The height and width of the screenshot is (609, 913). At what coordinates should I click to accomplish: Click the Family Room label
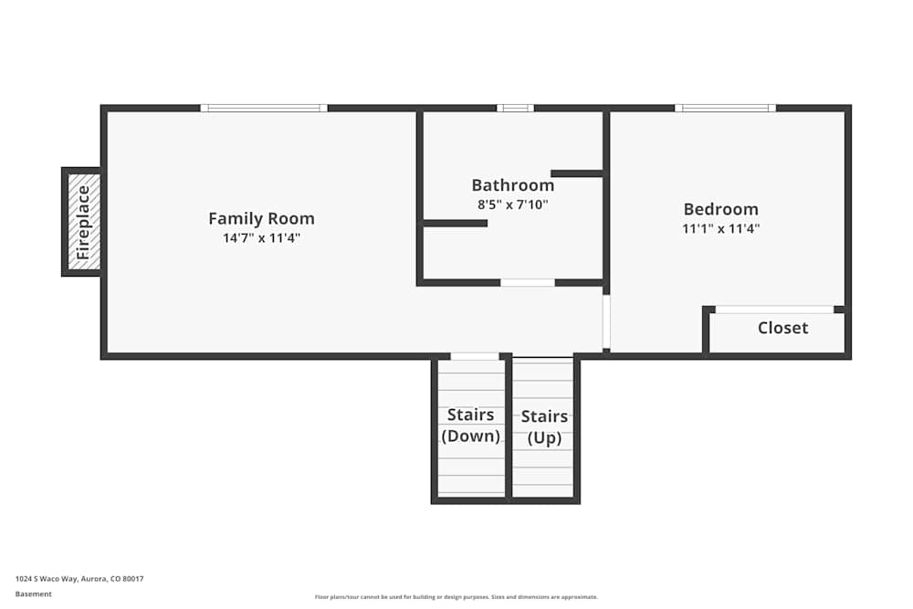tap(261, 218)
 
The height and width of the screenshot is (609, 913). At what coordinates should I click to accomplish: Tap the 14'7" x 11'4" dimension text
tap(261, 237)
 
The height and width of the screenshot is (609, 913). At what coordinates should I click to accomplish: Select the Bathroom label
tap(512, 185)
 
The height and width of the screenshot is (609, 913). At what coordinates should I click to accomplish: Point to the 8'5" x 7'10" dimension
tap(512, 205)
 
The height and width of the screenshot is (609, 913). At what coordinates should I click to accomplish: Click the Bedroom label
tap(720, 209)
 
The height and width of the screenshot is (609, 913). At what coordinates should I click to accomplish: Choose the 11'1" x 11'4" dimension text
tap(720, 228)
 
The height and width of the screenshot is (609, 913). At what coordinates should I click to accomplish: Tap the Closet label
tap(782, 328)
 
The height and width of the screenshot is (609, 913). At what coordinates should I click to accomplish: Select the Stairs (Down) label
tap(470, 425)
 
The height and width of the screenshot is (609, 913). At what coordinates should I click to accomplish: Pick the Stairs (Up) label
tap(544, 427)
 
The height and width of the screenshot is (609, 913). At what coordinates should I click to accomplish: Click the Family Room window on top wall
tap(264, 108)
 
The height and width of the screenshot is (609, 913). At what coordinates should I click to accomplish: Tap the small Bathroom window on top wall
tap(515, 108)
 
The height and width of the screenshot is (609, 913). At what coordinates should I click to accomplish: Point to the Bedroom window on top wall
tap(725, 108)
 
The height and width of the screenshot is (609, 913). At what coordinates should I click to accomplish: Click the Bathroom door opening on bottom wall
tap(528, 282)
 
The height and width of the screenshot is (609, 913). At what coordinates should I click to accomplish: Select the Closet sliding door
tap(774, 310)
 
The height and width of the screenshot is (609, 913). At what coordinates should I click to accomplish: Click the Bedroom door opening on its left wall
tap(606, 320)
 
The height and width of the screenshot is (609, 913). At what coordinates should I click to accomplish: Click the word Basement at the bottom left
tap(34, 594)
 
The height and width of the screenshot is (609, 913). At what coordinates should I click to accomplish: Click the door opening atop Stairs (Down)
tap(475, 356)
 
